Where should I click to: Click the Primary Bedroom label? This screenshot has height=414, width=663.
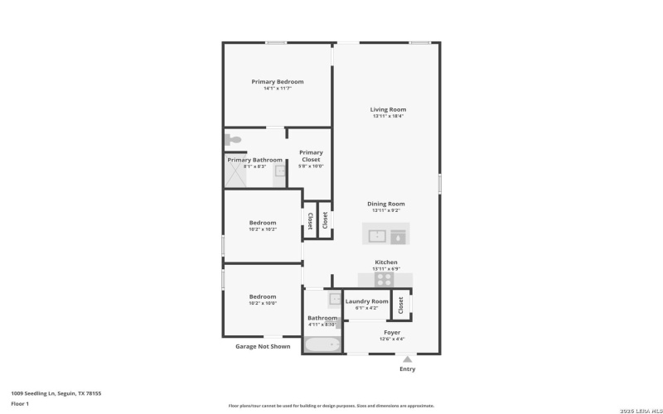pos(278,82)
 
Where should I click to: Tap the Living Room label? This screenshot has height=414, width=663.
pos(388,109)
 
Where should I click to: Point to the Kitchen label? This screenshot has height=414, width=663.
pos(386,262)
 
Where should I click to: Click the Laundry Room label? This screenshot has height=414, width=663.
pos(366,301)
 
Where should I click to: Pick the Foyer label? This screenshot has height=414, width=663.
pos(392,332)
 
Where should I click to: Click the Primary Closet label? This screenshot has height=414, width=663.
pos(311,156)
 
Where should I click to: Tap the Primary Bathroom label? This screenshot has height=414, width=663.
pos(254,160)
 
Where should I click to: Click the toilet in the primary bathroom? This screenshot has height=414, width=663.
pos(233,140)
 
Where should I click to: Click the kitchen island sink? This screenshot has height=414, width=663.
pos(377,236)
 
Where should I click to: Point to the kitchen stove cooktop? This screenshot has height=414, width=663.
pos(385,280)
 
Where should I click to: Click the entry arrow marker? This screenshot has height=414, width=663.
pos(407,359)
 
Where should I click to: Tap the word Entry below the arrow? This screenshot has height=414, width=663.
pos(407,369)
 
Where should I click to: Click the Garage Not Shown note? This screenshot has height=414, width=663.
pos(263,346)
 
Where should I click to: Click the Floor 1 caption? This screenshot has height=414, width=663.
pos(20,403)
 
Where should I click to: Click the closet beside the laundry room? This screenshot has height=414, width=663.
pos(401,305)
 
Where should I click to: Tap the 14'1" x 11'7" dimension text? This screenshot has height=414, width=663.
pos(278,89)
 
